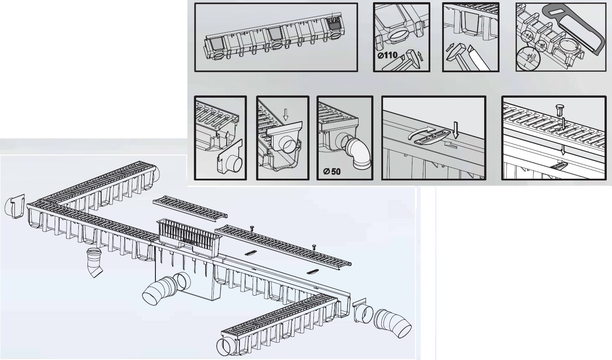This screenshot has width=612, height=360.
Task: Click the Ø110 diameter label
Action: coord(388,56)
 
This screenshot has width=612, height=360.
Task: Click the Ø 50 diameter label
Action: coord(332,171)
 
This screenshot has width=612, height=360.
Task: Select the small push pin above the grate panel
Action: coord(560,109)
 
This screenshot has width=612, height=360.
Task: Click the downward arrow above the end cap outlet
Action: coord(286,115)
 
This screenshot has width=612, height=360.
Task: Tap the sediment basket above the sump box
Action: coord(189,237)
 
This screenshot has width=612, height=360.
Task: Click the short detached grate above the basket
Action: coord(190,207)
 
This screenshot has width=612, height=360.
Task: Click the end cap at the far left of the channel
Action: coord(15,206)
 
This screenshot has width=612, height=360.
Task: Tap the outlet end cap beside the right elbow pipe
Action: coord(363,312)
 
